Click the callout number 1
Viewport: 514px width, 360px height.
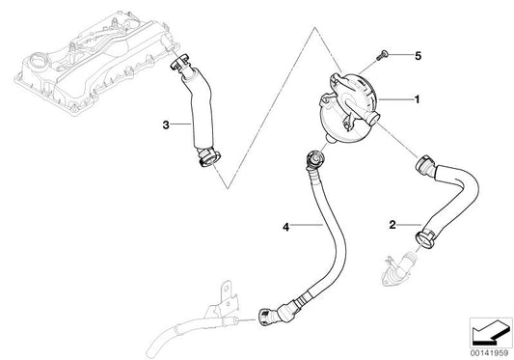click(417, 98)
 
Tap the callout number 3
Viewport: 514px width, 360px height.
click(166, 125)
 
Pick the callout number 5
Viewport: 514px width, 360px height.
click(417, 56)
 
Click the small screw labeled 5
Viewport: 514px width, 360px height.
click(384, 54)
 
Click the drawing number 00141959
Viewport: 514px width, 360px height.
click(486, 351)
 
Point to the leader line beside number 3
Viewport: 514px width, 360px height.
click(180, 125)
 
